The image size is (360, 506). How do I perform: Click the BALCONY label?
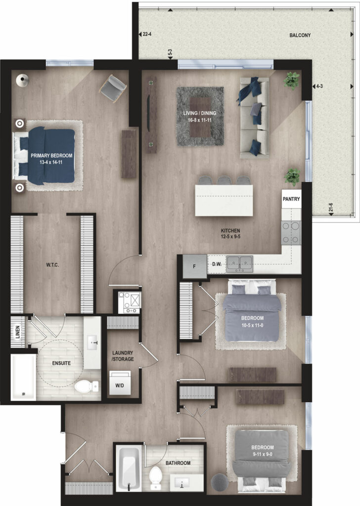pyautogui.click(x=300, y=35)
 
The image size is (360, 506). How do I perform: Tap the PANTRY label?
pyautogui.click(x=291, y=199)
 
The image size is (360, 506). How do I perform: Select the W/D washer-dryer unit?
pyautogui.click(x=120, y=383)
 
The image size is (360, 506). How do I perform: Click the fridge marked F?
pyautogui.click(x=194, y=266)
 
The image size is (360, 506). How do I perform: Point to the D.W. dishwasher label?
pyautogui.click(x=217, y=264)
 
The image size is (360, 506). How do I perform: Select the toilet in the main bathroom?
pyautogui.click(x=156, y=477)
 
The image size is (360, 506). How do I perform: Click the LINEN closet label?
pyautogui.click(x=17, y=332)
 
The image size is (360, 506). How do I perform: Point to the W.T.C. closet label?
pyautogui.click(x=52, y=265)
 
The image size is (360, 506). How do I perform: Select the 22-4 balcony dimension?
pyautogui.click(x=147, y=34)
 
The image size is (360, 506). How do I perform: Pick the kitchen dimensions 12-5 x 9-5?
pyautogui.click(x=230, y=237)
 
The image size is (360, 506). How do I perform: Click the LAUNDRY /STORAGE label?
pyautogui.click(x=123, y=356)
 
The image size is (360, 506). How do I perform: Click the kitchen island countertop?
pyautogui.click(x=224, y=201)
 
